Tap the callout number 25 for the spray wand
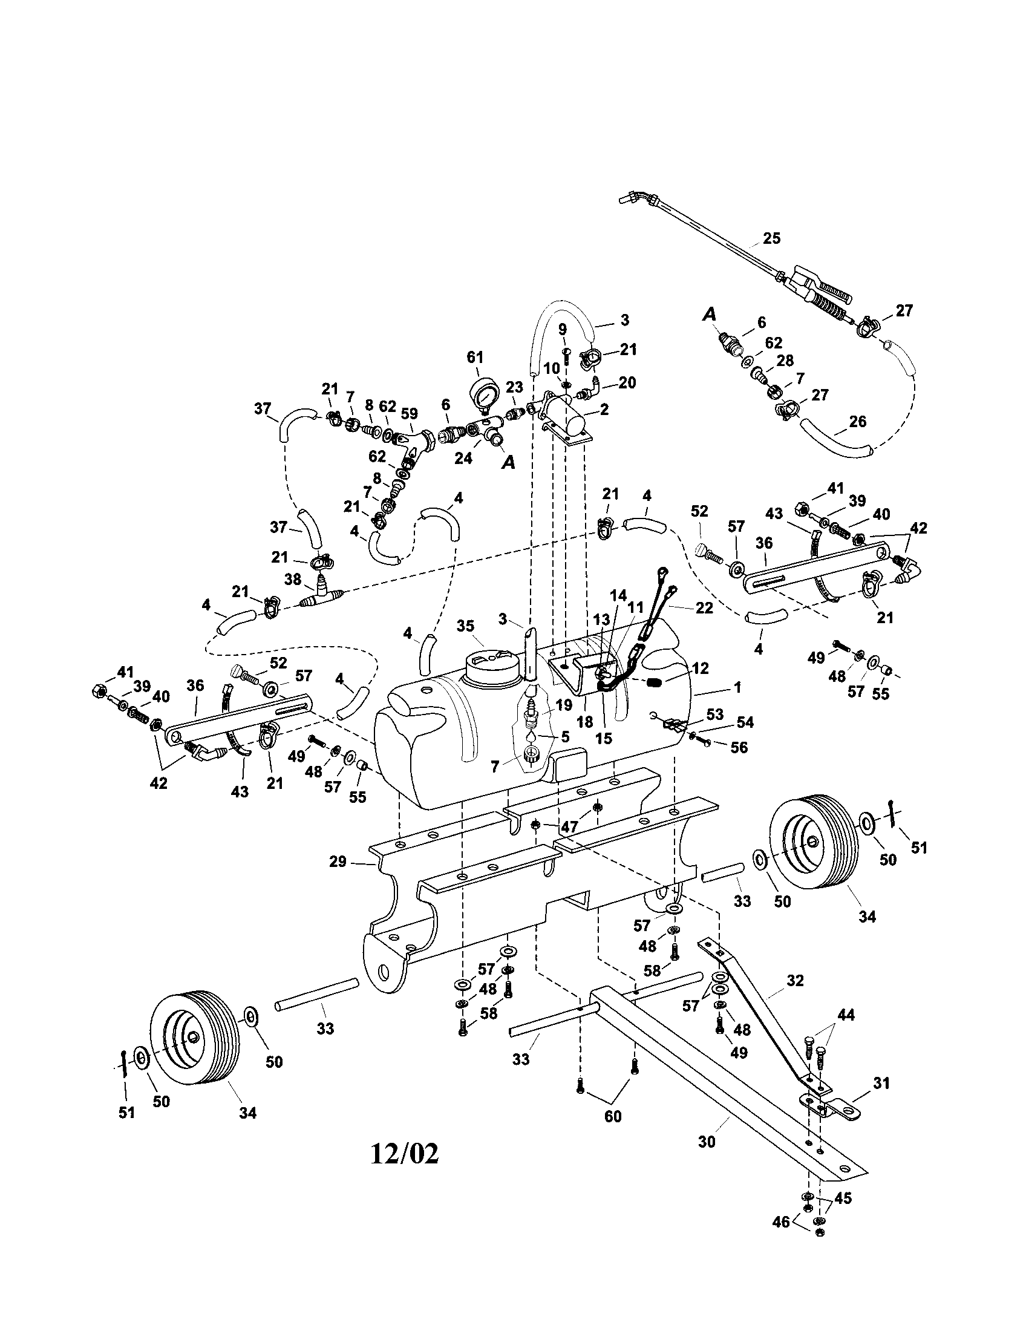[x=771, y=238]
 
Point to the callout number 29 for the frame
[x=338, y=862]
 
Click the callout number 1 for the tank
[x=737, y=687]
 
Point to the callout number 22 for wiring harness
[x=704, y=608]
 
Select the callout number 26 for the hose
[x=857, y=422]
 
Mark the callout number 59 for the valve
[x=410, y=413]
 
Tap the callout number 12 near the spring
[x=701, y=668]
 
